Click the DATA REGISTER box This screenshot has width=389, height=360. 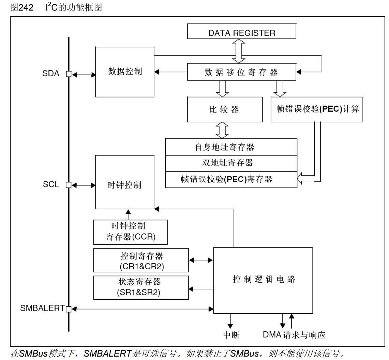click(241, 33)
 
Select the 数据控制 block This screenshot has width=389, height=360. click(125, 72)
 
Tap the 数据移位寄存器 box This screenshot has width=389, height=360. click(241, 72)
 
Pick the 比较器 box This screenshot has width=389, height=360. click(225, 109)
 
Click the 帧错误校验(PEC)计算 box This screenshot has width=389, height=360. click(317, 109)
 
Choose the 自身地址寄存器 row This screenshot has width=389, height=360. click(231, 147)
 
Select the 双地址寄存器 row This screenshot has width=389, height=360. click(231, 163)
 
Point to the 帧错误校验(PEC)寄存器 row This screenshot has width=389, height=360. click(231, 179)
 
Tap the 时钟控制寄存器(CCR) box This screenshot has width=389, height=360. click(131, 232)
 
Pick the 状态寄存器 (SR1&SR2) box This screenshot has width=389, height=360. click(141, 287)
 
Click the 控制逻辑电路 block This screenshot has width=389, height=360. click(263, 280)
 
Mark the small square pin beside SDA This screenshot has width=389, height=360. click(69, 74)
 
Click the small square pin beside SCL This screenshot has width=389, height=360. click(69, 185)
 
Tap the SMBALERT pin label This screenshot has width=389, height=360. click(42, 308)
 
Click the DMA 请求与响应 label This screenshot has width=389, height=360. click(294, 335)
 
